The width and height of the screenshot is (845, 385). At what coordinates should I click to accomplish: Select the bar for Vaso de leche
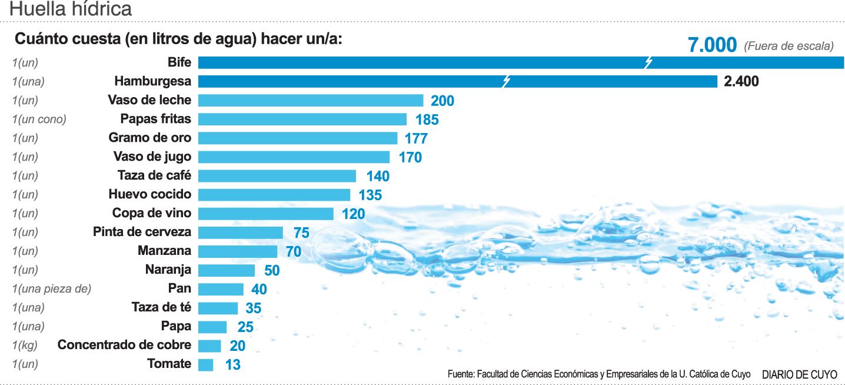(311, 100)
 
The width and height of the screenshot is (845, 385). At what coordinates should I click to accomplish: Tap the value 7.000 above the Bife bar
(712, 45)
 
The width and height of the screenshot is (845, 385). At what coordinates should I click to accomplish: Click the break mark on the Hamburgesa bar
(505, 81)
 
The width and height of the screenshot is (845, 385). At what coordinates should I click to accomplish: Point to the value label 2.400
(741, 82)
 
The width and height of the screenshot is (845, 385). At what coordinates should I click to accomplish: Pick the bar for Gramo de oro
(298, 138)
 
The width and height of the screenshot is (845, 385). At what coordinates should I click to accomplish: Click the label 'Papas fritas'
(156, 119)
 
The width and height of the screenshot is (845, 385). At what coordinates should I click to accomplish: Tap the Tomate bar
(205, 364)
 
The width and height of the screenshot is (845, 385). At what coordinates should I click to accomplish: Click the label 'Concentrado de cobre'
(124, 345)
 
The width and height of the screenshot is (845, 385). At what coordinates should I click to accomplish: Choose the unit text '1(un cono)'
(39, 120)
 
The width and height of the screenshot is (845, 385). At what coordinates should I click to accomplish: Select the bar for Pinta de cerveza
(241, 233)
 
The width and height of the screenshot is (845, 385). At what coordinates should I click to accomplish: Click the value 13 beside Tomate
(232, 365)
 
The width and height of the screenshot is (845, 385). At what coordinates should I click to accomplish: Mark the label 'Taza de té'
(161, 307)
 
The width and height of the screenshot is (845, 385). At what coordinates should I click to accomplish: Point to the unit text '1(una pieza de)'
(51, 289)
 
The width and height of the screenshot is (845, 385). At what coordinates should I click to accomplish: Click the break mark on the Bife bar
(648, 62)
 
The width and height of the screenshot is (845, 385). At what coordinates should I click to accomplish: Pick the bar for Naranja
(227, 270)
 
